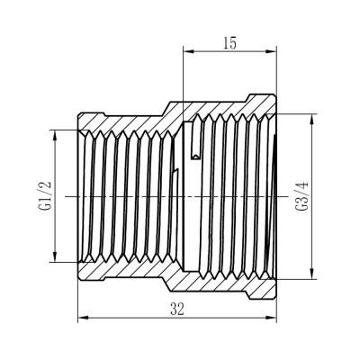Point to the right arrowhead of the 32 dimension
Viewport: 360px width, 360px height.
tap(274, 318)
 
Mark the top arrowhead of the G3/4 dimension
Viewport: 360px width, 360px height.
tap(312, 115)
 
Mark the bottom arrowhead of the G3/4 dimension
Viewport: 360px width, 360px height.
tap(312, 276)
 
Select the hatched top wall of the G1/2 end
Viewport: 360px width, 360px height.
tap(121, 121)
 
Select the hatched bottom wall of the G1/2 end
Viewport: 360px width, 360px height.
tap(121, 269)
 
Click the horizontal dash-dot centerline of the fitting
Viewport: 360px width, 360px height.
tap(135, 195)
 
